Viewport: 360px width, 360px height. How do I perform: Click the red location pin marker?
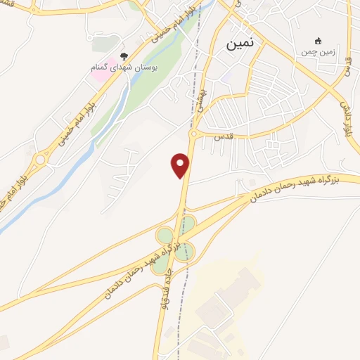181,165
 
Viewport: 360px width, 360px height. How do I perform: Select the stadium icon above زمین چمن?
318,40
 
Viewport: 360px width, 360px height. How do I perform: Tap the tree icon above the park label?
124,56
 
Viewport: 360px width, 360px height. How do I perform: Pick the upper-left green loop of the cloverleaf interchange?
165,235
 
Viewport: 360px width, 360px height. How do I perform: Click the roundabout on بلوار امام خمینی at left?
40,159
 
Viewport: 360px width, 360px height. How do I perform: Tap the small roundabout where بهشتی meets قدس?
192,133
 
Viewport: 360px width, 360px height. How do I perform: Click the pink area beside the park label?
98,71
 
